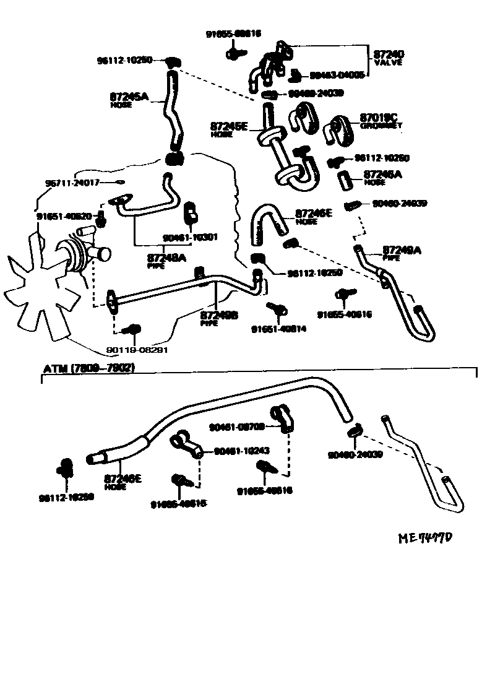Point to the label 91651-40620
coord(64,217)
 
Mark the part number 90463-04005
coord(337,76)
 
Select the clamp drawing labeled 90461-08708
coord(281,418)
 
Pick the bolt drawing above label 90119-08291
coord(132,330)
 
